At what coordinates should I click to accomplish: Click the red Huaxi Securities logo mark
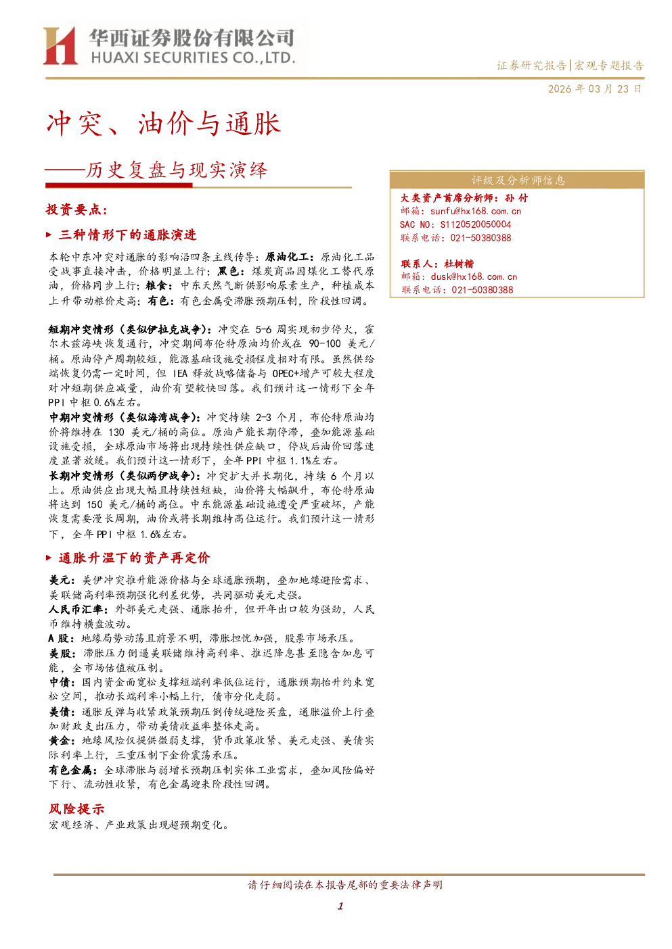tap(60, 46)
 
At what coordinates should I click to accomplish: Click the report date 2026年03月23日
tap(594, 89)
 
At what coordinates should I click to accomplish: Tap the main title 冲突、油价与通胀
tap(164, 124)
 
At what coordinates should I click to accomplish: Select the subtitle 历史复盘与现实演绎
tap(177, 170)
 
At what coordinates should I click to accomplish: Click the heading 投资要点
tap(76, 210)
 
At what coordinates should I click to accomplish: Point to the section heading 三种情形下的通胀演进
tap(128, 235)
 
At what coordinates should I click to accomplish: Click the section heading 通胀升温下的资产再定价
tap(135, 558)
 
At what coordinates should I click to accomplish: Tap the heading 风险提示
tap(76, 809)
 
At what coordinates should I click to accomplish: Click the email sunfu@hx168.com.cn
tap(476, 211)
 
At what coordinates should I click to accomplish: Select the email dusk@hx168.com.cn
tap(474, 276)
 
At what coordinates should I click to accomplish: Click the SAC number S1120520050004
tap(476, 224)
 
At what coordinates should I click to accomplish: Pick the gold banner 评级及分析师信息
tap(517, 180)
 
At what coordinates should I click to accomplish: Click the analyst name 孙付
tap(516, 198)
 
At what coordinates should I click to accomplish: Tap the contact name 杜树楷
tap(459, 264)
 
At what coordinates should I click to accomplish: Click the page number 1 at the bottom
tap(340, 906)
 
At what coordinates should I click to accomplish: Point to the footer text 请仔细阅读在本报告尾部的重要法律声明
tap(345, 885)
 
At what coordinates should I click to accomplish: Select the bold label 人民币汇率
tap(76, 609)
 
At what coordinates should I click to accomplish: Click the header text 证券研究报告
tap(531, 66)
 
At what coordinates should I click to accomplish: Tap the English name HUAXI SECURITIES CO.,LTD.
tap(193, 57)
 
